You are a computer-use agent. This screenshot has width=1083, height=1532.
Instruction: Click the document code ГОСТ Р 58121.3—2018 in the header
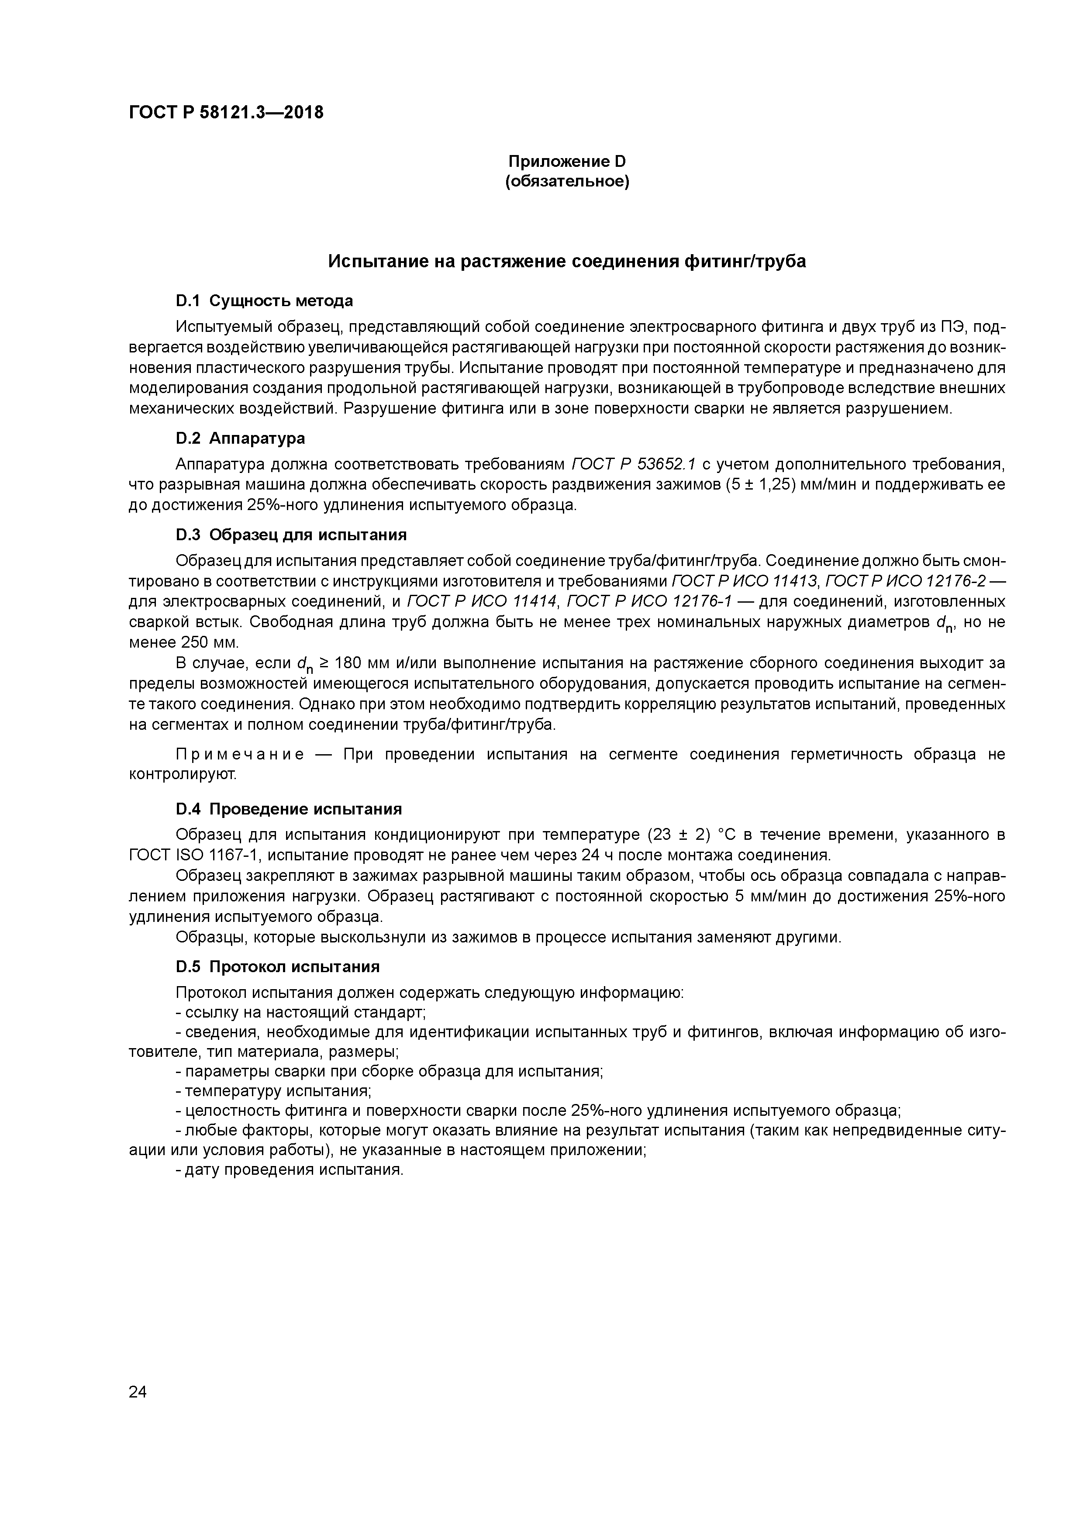coord(225,113)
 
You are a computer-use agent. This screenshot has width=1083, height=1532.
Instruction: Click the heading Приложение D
coord(567,162)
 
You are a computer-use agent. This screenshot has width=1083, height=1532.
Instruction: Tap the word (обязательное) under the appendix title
coord(567,182)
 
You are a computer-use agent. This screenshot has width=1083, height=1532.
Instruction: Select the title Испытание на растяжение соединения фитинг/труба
coord(567,262)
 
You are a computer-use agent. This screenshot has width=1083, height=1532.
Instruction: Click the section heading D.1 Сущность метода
coord(264,301)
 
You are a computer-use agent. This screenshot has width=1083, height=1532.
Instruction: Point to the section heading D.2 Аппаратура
coord(240,438)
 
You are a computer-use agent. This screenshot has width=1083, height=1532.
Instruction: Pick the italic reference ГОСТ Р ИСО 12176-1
coord(648,602)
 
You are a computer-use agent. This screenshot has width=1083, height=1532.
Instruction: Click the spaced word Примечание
coord(240,755)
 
